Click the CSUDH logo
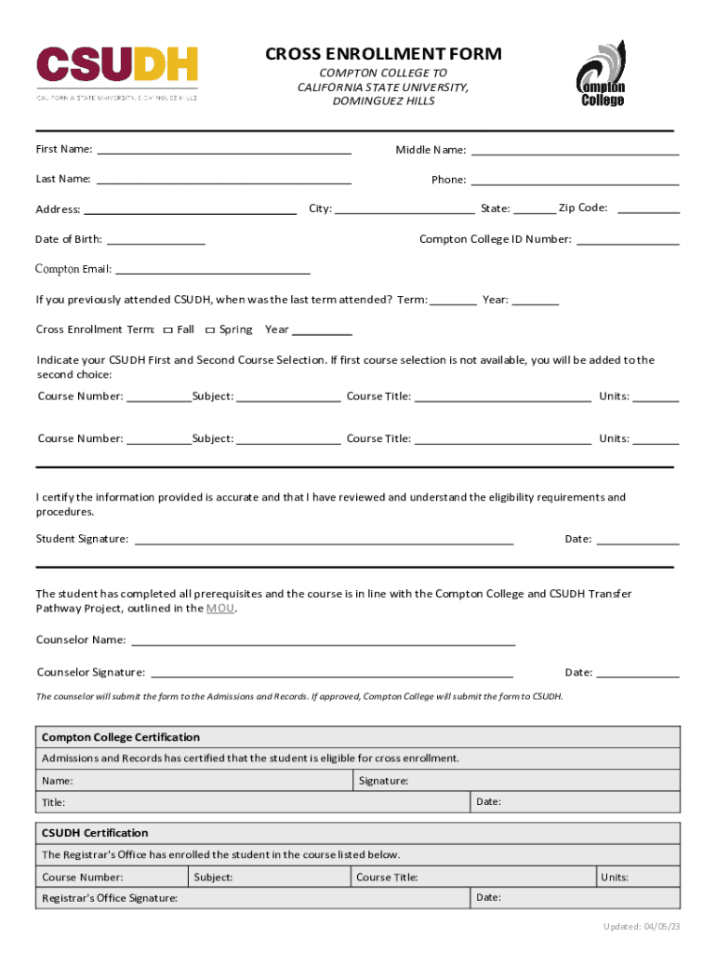(116, 71)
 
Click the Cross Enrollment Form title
(383, 54)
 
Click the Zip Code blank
(648, 210)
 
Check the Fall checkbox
(167, 330)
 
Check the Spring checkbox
(210, 330)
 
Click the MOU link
(220, 609)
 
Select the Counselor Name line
(324, 642)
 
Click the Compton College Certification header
(121, 737)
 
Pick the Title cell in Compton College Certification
(253, 802)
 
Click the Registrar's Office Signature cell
(253, 898)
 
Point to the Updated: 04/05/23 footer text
(641, 927)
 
